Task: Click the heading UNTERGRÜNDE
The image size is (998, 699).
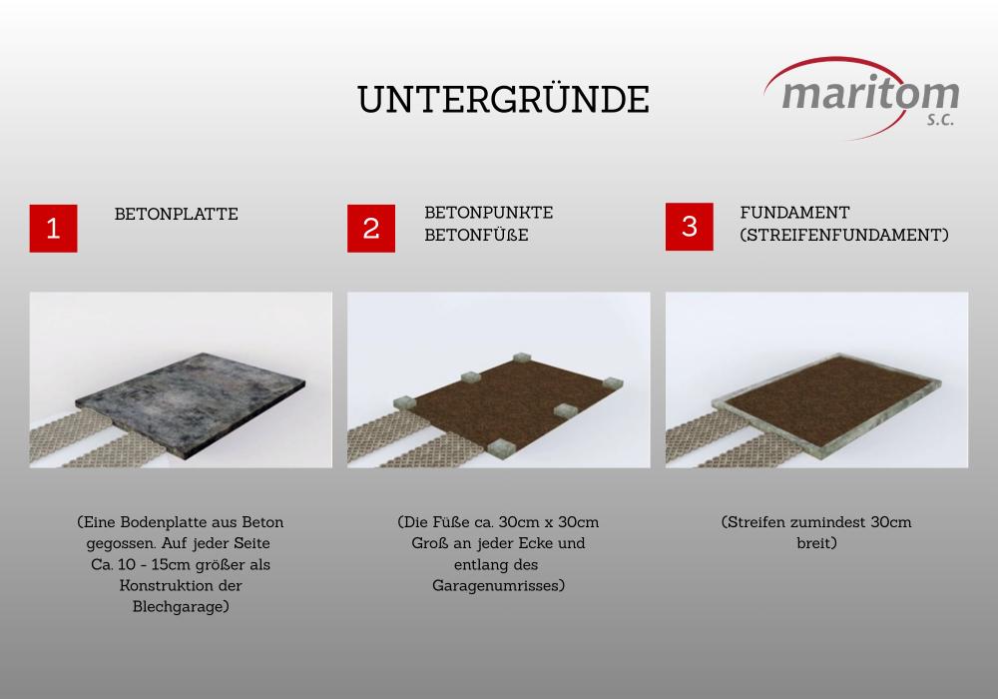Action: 503,100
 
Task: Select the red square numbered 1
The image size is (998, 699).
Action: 54,228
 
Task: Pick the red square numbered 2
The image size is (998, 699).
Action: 371,228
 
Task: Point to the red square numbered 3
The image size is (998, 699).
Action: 690,227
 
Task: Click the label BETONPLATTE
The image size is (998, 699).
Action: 177,214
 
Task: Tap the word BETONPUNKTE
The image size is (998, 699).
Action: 489,213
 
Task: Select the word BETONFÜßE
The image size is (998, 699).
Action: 477,235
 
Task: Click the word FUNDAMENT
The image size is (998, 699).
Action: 795,213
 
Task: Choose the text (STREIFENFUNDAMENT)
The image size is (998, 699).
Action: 844,235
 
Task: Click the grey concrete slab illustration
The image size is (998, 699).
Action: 191,402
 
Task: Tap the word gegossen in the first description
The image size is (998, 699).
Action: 121,543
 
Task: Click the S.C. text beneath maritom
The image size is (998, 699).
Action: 940,119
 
